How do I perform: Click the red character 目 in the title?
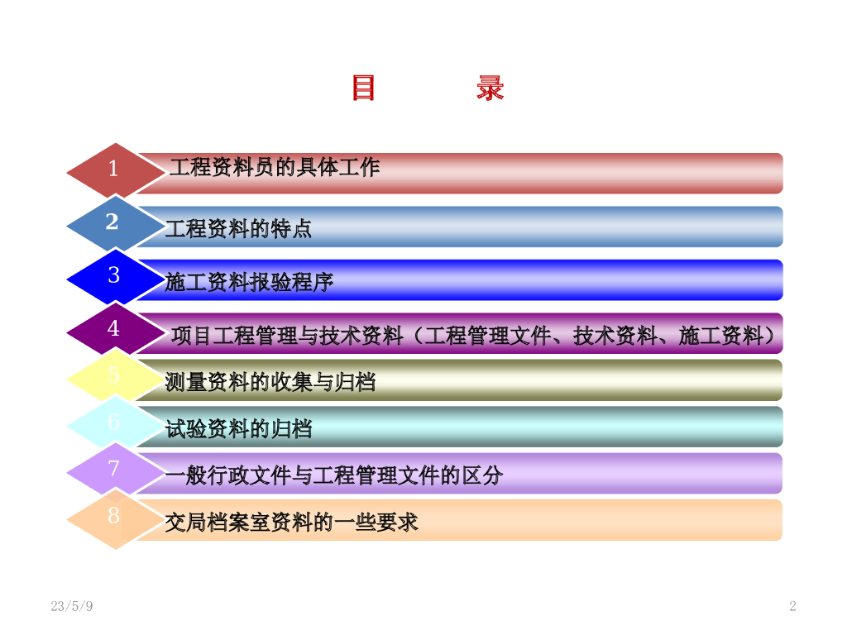363,88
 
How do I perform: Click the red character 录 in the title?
490,88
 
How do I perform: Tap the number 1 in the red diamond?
112,169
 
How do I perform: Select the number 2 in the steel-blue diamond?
112,222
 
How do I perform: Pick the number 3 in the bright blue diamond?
113,275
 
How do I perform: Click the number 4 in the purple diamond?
113,327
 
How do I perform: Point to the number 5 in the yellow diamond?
113,375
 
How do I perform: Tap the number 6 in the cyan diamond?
113,422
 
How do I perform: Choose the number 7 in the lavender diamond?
113,468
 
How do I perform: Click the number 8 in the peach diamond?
113,515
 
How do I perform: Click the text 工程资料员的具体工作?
275,167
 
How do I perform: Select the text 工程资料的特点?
239,228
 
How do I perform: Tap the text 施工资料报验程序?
249,282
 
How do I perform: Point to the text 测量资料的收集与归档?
270,382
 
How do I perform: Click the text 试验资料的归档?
239,429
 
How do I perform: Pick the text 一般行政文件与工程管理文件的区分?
334,475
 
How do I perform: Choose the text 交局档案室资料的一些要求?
292,523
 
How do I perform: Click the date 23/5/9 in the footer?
72,606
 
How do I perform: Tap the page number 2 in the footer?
792,606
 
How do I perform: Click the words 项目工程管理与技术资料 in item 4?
288,336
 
